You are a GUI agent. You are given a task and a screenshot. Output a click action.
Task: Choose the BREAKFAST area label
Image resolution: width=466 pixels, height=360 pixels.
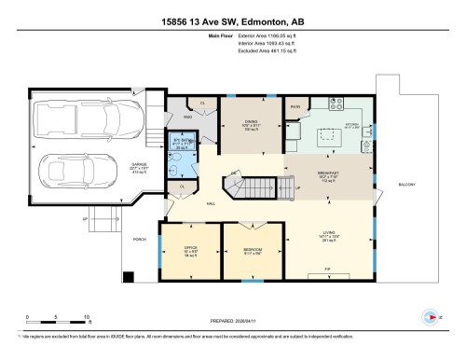click(x=327, y=173)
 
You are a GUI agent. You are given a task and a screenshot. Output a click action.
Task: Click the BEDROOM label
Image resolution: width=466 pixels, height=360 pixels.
click(x=252, y=249)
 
